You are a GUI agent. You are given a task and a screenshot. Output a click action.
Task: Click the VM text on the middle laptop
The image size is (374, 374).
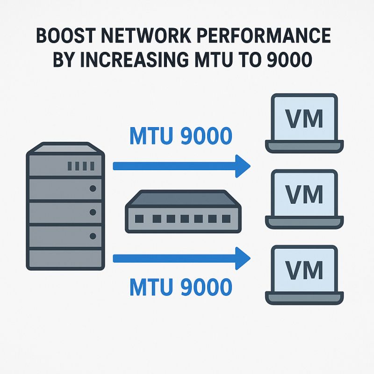304,194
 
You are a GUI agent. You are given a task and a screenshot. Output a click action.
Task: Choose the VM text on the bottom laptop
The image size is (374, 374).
304,270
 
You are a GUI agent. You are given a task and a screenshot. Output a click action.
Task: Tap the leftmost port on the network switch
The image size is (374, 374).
138,218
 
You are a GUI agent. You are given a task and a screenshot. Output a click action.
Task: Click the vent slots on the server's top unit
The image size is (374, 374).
81,165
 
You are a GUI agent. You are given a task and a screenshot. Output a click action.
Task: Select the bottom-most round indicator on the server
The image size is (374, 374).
92,236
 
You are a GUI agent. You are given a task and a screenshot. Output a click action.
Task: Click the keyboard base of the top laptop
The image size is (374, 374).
304,146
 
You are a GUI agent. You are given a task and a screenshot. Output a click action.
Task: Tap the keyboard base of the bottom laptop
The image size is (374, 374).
304,298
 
